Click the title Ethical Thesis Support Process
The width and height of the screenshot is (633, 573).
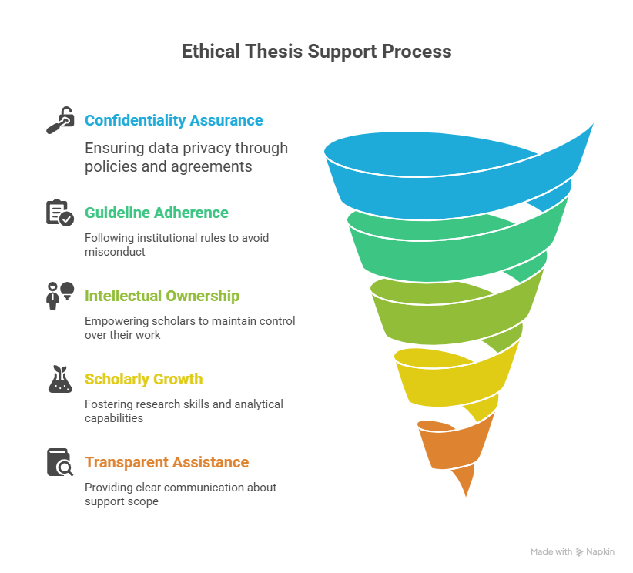(316, 52)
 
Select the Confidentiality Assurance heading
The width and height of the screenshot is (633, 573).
(173, 120)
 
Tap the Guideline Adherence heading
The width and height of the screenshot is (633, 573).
(156, 213)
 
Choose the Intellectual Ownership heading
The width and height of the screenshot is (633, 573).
(162, 296)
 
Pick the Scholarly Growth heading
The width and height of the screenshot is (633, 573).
(144, 379)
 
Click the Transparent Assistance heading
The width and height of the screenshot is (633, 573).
(167, 462)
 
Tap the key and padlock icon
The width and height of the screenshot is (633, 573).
(60, 120)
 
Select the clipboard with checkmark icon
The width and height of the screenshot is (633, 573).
(60, 213)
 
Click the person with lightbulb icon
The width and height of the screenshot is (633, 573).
(60, 296)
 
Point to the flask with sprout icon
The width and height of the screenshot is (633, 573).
(60, 379)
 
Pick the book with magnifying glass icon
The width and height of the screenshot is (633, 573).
(60, 462)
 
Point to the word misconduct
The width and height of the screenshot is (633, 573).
(115, 252)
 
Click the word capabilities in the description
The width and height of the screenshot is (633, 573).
(114, 418)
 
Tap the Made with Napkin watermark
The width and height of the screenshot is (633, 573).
(572, 551)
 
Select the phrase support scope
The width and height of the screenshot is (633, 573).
(122, 502)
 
